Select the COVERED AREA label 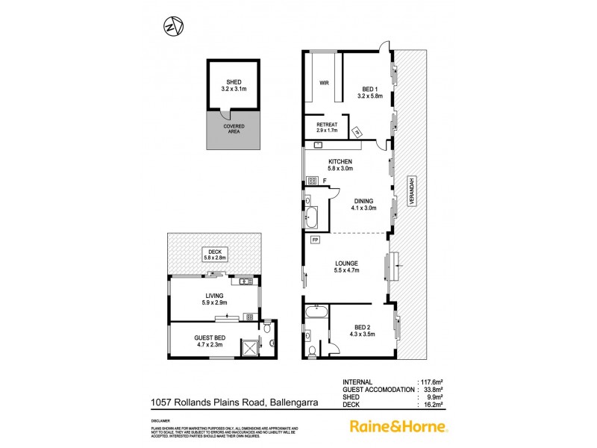tap(234, 130)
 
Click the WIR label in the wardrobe tap(324, 84)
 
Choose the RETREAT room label tap(327, 127)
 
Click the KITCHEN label tap(340, 165)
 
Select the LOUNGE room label tap(347, 267)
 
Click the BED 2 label tap(361, 331)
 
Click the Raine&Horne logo tap(398, 427)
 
